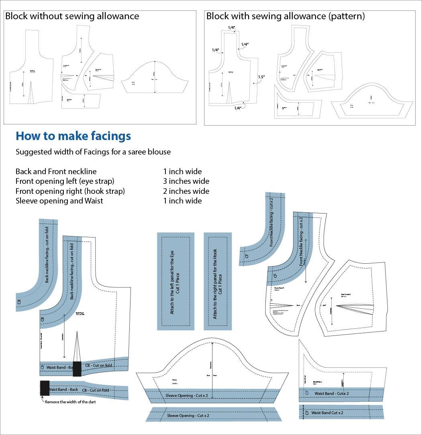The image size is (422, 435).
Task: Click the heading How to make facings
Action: tap(73, 136)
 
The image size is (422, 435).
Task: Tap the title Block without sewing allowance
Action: tap(72, 16)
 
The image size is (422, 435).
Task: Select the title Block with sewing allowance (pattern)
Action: tap(285, 16)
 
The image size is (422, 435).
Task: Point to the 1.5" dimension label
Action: tap(261, 77)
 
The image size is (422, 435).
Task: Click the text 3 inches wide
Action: tap(186, 181)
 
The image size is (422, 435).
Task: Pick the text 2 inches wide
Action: tap(186, 191)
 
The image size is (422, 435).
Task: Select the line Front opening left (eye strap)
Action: tap(65, 181)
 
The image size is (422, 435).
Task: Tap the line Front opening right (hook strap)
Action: tap(70, 191)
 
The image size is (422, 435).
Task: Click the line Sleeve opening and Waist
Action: tap(59, 201)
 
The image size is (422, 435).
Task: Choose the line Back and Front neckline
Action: tap(56, 171)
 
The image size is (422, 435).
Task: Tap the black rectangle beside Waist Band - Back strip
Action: tap(45, 388)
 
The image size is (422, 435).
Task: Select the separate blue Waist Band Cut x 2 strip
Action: tap(341, 412)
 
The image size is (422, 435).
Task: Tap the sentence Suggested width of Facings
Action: tap(93, 152)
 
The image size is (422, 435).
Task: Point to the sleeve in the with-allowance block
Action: tap(372, 101)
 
